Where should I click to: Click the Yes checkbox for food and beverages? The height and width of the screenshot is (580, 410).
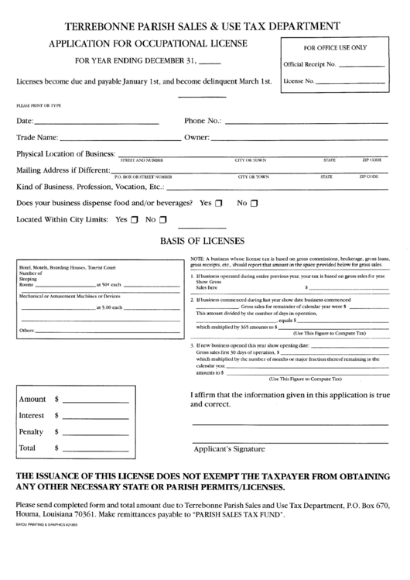click(x=219, y=204)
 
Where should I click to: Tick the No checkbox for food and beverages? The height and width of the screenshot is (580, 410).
click(x=255, y=204)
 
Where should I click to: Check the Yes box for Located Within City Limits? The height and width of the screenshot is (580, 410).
click(x=135, y=220)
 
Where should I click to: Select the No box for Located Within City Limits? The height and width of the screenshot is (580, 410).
click(x=162, y=220)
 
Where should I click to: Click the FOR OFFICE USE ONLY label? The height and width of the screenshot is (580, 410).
click(x=335, y=48)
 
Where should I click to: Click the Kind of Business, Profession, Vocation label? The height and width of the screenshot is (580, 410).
click(x=91, y=187)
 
